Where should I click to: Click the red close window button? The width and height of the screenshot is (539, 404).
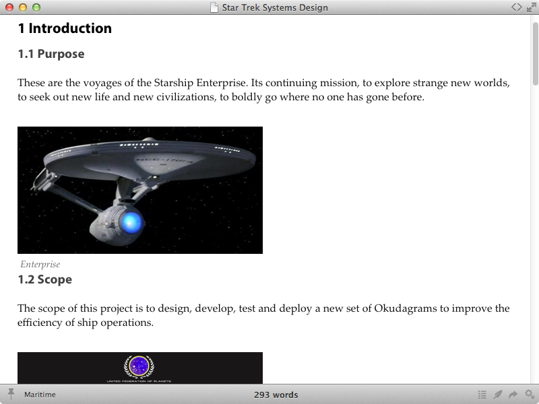(9, 7)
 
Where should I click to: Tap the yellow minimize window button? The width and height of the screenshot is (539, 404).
(23, 7)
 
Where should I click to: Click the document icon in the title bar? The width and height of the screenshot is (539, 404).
(214, 7)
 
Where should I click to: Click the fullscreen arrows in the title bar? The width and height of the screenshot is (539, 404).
(532, 7)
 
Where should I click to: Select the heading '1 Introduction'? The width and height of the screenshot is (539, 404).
(65, 28)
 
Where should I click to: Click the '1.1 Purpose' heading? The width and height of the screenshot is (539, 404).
(51, 54)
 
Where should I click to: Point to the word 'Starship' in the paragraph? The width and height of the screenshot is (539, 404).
(174, 83)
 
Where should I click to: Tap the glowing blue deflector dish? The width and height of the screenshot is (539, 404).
(131, 222)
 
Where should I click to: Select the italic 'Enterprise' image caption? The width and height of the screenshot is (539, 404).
(40, 264)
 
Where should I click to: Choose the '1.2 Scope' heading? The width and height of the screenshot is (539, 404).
(44, 279)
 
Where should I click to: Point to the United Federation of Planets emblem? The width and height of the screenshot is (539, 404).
(139, 366)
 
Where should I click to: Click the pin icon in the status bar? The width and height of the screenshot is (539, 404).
(11, 394)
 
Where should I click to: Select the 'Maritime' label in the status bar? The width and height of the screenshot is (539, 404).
(40, 395)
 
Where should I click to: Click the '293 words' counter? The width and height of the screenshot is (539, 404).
(276, 395)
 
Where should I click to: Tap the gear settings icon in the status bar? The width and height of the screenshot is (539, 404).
(530, 394)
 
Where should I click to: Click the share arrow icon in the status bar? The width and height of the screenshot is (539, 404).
(513, 394)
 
